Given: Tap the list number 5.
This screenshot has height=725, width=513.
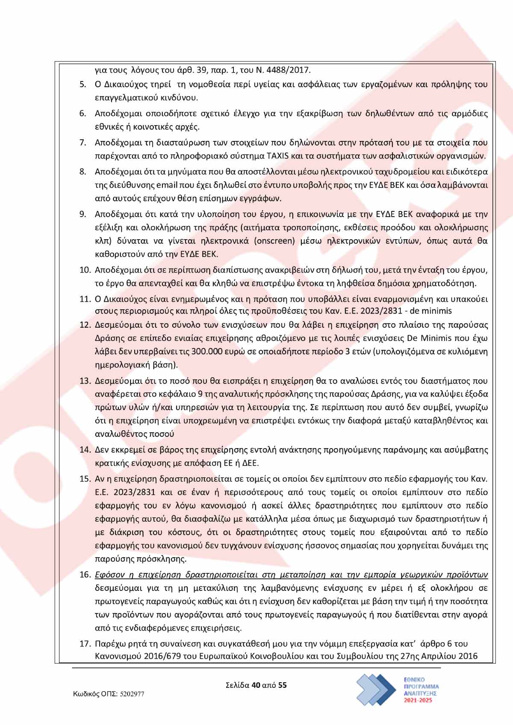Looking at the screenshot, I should pos(83,84).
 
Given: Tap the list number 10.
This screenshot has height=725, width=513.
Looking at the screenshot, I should pos(85,270).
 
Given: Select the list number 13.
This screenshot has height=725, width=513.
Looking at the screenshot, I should pos(85,381).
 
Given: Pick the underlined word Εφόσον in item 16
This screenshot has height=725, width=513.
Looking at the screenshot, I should pos(109,575).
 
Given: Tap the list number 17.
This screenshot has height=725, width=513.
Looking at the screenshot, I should pos(85,643).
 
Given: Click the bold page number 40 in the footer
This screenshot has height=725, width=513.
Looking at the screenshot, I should pos(256,685).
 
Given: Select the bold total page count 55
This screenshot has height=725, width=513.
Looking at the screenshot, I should pos(283,685).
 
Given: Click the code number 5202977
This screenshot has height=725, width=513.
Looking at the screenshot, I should pos(132,694).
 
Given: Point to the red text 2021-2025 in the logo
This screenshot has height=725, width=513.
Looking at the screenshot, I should pos(418,700).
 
